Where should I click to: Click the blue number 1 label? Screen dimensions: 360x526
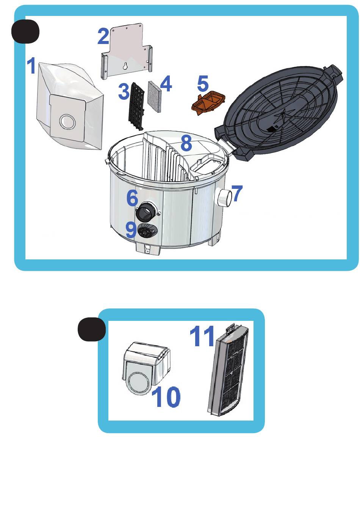pyautogui.click(x=31, y=65)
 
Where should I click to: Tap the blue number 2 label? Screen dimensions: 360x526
pyautogui.click(x=103, y=36)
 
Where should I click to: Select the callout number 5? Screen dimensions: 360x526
pyautogui.click(x=203, y=83)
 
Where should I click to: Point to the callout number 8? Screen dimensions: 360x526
pyautogui.click(x=186, y=143)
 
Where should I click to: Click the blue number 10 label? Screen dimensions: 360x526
pyautogui.click(x=166, y=397)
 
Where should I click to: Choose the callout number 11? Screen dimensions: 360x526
pyautogui.click(x=202, y=336)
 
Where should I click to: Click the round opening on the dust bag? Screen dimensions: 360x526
pyautogui.click(x=67, y=122)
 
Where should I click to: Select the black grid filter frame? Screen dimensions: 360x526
pyautogui.click(x=136, y=106)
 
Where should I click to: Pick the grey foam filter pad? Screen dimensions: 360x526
pyautogui.click(x=154, y=96)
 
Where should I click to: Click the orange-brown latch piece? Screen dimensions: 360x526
pyautogui.click(x=208, y=103)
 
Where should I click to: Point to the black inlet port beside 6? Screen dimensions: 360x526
pyautogui.click(x=146, y=210)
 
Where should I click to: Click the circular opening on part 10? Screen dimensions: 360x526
pyautogui.click(x=138, y=383)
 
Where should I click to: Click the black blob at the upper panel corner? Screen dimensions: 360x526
pyautogui.click(x=25, y=31)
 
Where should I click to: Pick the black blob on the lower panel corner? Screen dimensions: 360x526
pyautogui.click(x=92, y=329)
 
